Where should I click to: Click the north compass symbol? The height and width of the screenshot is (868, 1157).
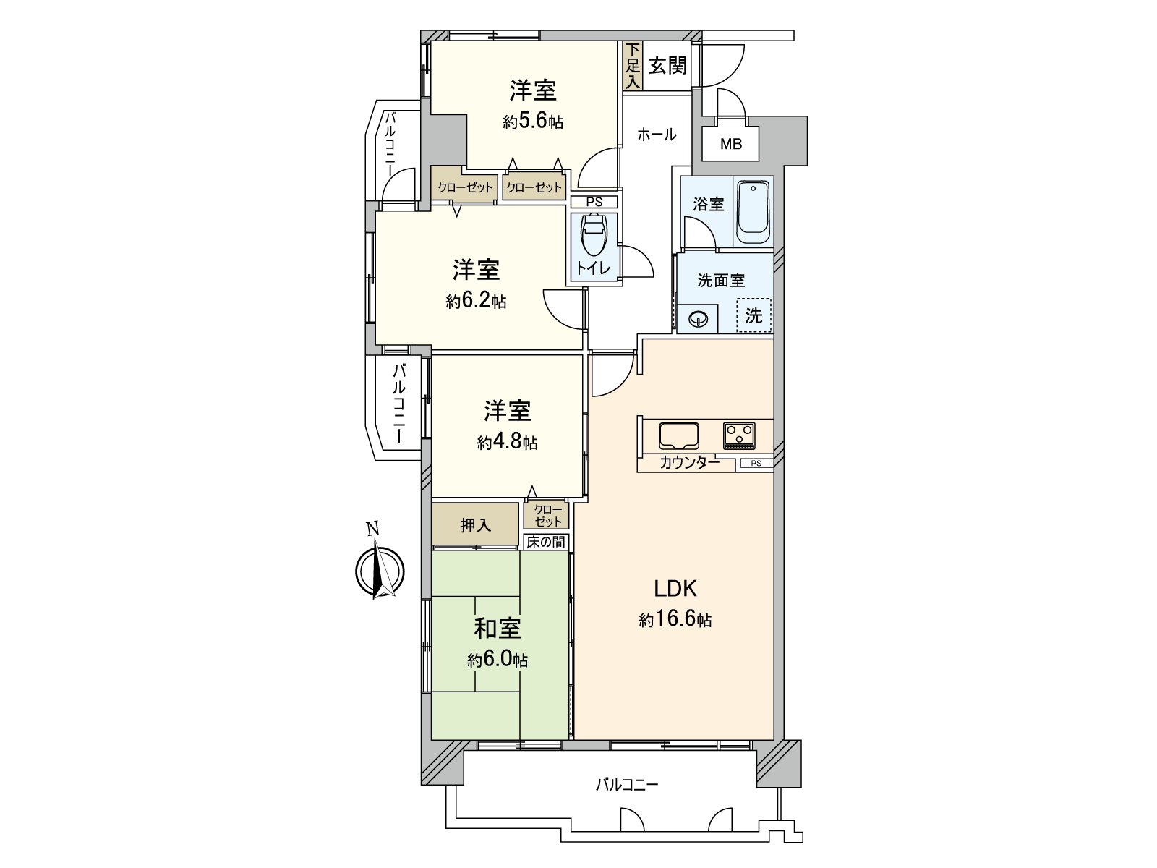[379, 571]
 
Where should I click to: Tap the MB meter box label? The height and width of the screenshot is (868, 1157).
[730, 144]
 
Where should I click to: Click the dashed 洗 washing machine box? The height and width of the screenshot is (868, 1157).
[753, 315]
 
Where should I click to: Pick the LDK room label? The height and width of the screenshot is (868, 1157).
[675, 589]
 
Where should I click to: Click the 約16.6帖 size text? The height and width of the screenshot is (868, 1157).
[675, 620]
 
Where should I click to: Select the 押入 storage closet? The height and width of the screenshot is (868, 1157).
[475, 525]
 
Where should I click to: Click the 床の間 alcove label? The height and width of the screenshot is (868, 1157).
[545, 542]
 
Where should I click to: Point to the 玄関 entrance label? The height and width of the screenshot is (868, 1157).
[667, 66]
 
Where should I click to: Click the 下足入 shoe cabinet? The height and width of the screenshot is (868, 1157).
[633, 66]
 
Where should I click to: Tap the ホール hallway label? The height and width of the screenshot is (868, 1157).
[656, 135]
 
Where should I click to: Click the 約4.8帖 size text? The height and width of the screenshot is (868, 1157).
[507, 442]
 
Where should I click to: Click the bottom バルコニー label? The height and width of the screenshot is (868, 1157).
[626, 784]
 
